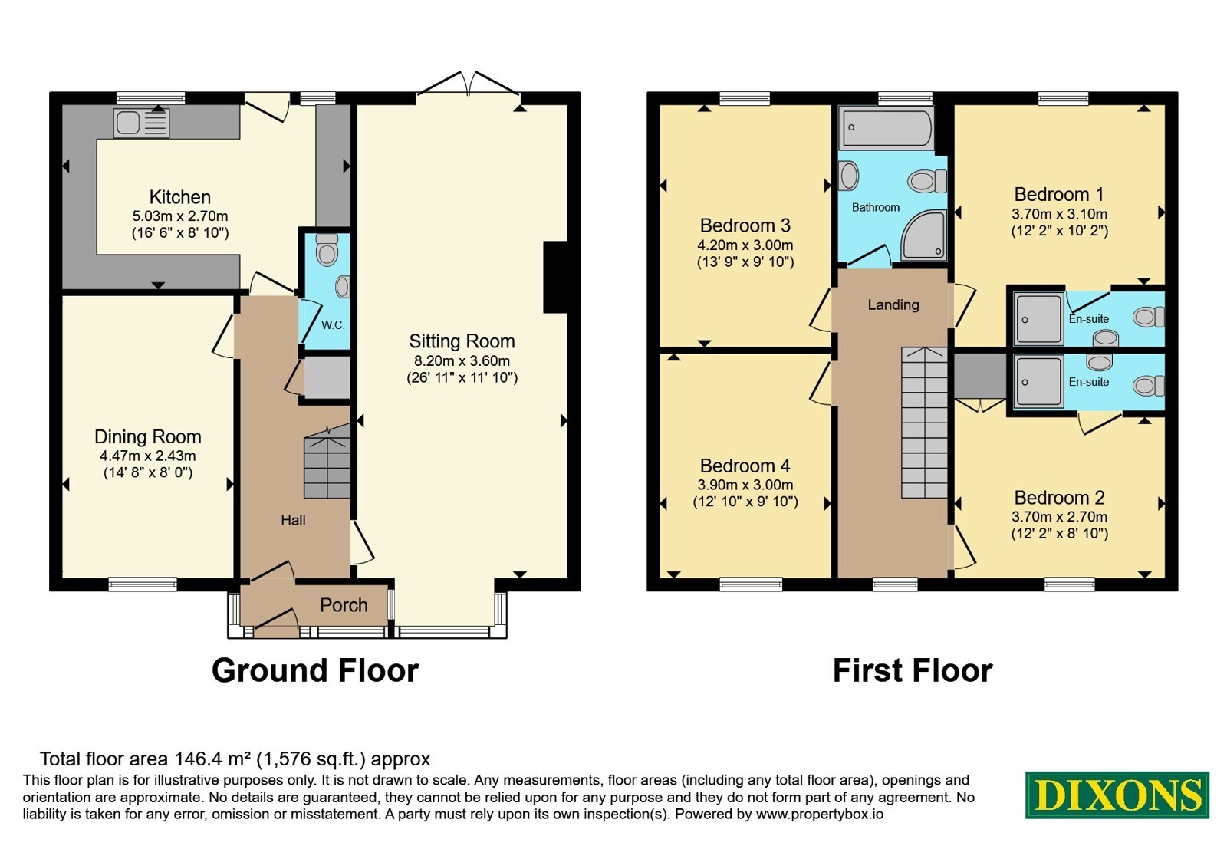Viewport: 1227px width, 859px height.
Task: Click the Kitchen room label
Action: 179,196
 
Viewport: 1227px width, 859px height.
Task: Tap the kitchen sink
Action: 141,122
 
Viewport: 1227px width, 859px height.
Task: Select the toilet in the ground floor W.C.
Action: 327,250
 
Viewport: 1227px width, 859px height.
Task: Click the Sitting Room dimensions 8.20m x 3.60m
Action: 462,361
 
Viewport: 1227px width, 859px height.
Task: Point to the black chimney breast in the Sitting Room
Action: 555,277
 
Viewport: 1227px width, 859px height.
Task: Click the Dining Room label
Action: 148,436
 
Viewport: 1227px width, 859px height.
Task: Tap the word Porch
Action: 344,605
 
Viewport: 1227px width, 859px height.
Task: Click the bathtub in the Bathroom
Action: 886,127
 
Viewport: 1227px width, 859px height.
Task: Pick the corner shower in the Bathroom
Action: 923,235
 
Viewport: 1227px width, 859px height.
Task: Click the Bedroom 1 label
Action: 1059,195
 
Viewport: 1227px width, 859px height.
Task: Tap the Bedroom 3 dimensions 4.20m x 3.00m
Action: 745,245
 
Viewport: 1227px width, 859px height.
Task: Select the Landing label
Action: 893,304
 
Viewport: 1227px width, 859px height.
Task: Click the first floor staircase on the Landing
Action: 924,423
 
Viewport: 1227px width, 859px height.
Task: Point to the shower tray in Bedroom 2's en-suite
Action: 1038,382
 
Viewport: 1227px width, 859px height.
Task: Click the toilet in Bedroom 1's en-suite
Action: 1148,317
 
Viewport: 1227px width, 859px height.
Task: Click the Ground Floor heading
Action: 315,670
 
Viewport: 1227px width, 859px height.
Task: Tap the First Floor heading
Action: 913,670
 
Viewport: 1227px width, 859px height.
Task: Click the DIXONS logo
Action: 1117,795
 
